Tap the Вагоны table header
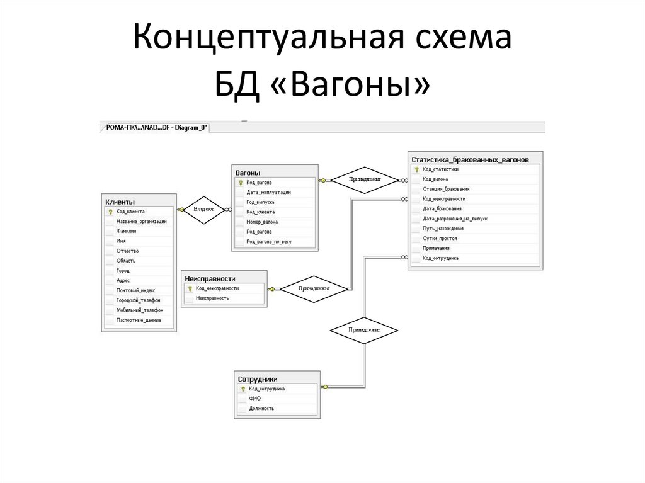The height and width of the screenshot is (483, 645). tap(248, 172)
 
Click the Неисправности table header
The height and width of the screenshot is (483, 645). tap(210, 278)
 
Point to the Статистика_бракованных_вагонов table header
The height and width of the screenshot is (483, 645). tap(465, 159)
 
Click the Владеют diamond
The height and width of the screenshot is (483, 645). tap(203, 208)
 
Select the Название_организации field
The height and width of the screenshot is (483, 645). tap(141, 221)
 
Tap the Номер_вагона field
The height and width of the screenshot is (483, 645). tap(263, 222)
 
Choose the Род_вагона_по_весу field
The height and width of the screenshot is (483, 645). tap(269, 241)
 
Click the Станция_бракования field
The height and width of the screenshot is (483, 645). tap(445, 189)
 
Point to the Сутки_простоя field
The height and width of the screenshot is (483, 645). tap(440, 239)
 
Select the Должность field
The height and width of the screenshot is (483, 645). tap(261, 408)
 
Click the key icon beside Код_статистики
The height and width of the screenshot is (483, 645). tap(416, 169)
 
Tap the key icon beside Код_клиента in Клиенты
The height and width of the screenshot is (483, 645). tap(110, 212)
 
